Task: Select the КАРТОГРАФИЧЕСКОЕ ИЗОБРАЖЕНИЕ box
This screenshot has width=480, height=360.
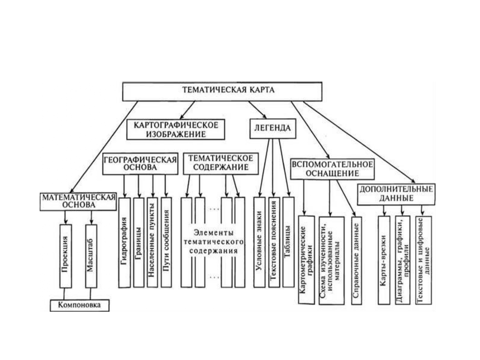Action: click(x=175, y=129)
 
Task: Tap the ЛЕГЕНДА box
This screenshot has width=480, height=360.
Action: click(x=272, y=128)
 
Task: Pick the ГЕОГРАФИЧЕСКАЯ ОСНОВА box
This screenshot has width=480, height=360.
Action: click(x=140, y=164)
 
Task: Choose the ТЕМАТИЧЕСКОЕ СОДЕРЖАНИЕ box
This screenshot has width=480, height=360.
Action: click(x=220, y=163)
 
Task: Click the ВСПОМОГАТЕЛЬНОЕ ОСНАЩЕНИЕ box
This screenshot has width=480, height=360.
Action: click(x=332, y=169)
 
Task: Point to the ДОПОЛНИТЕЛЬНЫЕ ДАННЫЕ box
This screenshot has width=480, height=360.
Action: click(x=396, y=194)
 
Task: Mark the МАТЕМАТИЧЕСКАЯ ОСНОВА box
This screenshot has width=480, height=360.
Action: click(x=78, y=201)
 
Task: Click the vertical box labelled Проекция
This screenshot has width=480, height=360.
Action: click(x=66, y=256)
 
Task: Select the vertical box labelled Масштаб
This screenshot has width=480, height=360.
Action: click(x=91, y=256)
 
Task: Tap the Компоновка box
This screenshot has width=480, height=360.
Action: click(x=79, y=305)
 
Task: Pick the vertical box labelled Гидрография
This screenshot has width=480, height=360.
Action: click(x=124, y=242)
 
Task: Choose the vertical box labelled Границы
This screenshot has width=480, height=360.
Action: click(x=139, y=242)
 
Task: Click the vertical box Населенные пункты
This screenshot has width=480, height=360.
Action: click(x=152, y=242)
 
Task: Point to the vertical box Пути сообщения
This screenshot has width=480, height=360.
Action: click(x=166, y=242)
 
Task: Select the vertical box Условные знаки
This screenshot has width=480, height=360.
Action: click(x=259, y=242)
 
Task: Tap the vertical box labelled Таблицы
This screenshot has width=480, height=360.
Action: click(x=288, y=242)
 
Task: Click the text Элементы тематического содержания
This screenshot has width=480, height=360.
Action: click(x=213, y=242)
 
